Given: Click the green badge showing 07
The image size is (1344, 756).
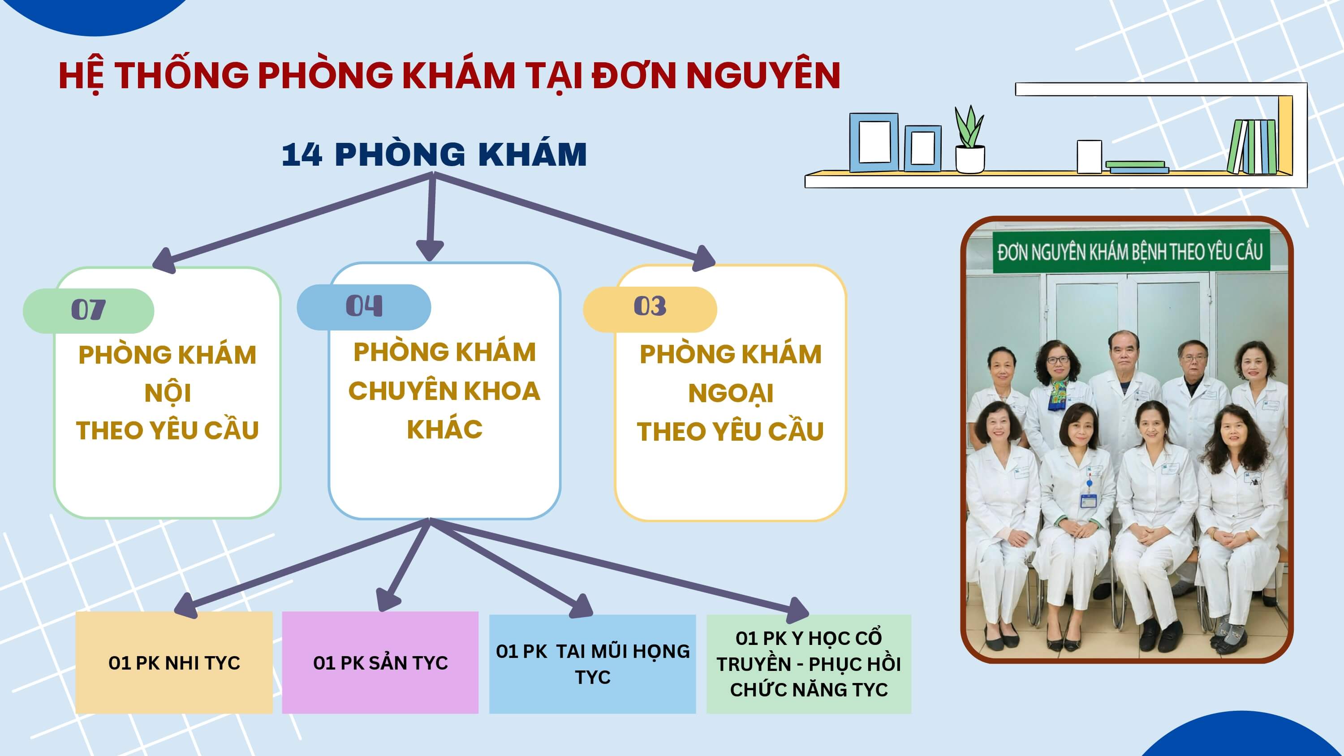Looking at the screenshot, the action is (x=89, y=310).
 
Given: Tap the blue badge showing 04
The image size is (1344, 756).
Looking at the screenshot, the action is (x=364, y=307).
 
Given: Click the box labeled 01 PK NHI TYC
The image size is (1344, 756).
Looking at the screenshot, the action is (x=174, y=662).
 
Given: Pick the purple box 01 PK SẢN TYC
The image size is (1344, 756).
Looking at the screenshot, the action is (x=380, y=662).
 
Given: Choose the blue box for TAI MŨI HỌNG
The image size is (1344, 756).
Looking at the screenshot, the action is (x=593, y=664).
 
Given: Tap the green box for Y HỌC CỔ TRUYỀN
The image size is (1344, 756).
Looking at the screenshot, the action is (x=809, y=664).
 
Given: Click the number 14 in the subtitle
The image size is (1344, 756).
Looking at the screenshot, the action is (x=302, y=155).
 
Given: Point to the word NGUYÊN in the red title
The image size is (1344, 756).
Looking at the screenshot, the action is (x=763, y=76).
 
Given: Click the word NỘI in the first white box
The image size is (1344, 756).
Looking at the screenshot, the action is (x=168, y=392).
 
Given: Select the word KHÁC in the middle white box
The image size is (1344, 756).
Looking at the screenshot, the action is (x=444, y=430).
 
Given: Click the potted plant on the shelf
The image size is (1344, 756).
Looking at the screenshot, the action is (x=969, y=140).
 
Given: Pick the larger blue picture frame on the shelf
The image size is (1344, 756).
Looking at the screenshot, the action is (x=874, y=142).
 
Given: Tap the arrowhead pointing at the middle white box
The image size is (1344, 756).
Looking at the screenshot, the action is (x=430, y=249).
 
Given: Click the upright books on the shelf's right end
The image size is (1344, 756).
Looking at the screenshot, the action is (x=1253, y=146).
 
